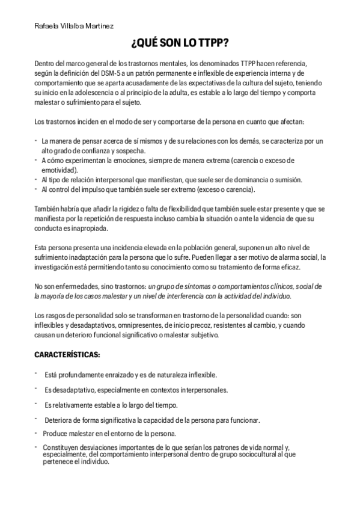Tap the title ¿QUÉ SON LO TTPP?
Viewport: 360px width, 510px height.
click(180, 44)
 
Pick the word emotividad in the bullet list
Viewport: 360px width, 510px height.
click(59, 170)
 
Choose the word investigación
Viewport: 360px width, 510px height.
click(58, 266)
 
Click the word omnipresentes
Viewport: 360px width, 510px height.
click(140, 325)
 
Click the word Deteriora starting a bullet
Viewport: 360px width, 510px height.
click(59, 420)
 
